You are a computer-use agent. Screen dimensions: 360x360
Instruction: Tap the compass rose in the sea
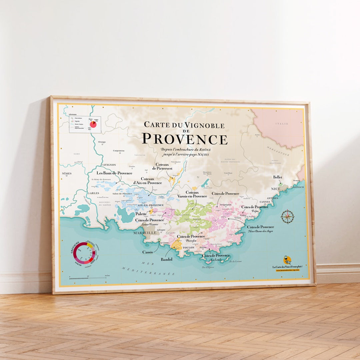287,217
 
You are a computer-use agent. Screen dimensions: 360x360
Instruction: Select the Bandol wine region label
167,259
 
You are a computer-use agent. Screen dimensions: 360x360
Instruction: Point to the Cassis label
147,252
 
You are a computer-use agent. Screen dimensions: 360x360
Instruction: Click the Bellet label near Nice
278,177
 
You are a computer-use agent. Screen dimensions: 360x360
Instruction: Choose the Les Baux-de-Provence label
114,173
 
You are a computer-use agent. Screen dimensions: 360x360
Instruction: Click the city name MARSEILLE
145,233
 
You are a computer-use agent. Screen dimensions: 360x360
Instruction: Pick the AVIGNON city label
109,165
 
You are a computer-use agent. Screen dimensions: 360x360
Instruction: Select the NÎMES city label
67,173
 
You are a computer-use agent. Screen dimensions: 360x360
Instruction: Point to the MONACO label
298,187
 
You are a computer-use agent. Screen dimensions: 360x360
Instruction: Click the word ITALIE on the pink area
282,124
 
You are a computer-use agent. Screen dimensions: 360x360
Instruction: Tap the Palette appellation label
141,214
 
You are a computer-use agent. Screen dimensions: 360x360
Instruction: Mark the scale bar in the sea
87,277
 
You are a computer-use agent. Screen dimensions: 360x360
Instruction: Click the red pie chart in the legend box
93,124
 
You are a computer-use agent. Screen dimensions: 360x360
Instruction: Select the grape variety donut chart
83,253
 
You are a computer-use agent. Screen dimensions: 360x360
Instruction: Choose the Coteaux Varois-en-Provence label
192,194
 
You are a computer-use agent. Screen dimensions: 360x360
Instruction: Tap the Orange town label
102,142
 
